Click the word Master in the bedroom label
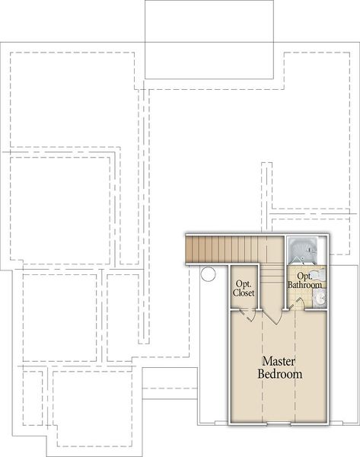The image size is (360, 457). coord(279,360)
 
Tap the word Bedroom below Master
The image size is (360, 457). coord(279,374)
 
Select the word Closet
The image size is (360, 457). coord(244,293)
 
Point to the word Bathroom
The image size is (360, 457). coord(304,285)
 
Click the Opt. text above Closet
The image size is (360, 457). coord(244,283)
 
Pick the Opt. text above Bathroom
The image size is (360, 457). coord(304,275)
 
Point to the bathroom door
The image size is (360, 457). coord(298,304)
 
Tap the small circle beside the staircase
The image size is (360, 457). coord(207,274)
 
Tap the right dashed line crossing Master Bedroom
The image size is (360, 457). coord(295,396)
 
